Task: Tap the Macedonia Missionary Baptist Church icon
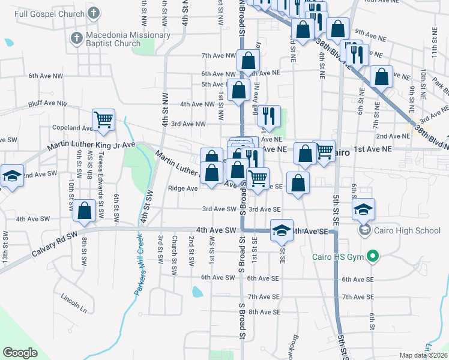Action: click(76, 38)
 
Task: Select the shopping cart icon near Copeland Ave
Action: click(103, 119)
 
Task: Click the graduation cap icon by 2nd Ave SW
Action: click(11, 176)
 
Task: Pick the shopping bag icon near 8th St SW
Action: click(85, 211)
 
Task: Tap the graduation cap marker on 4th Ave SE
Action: click(280, 230)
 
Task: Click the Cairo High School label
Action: click(407, 230)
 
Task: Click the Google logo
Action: click(20, 353)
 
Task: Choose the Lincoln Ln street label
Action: click(74, 302)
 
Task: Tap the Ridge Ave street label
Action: click(183, 188)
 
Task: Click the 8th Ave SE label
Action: click(265, 312)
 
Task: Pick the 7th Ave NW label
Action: click(218, 55)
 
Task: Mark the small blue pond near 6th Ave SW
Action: click(197, 292)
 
